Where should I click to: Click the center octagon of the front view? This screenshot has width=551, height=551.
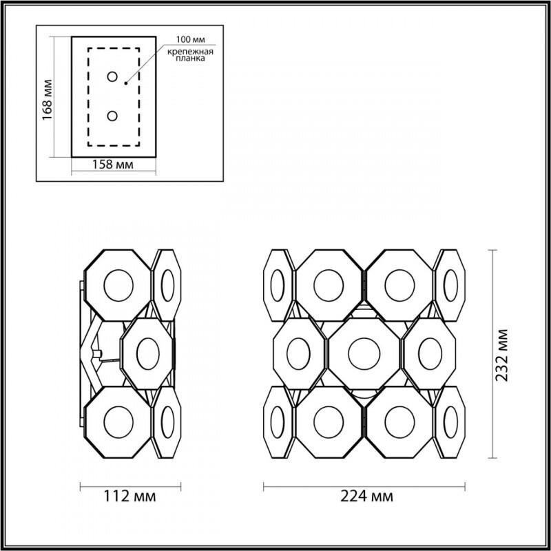coord(364,353)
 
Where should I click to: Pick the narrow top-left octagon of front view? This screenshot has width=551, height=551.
coord(278,284)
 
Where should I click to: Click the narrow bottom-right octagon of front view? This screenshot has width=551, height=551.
coord(450,421)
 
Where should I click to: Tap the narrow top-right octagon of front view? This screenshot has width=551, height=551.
coord(450,284)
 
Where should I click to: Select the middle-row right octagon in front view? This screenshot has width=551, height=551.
coord(430,353)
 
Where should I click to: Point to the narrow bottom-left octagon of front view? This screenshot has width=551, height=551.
coord(278,421)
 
